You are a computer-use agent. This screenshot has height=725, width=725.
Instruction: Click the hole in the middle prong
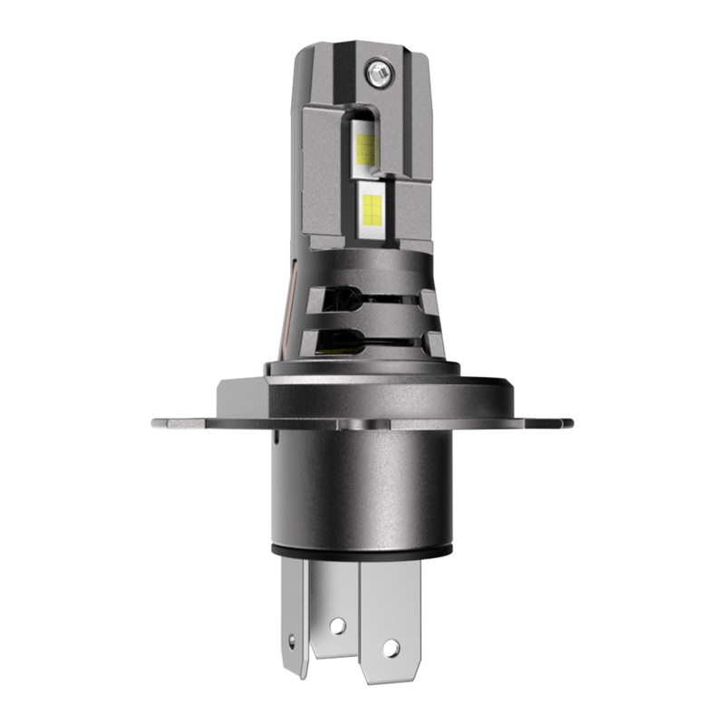click(x=338, y=625)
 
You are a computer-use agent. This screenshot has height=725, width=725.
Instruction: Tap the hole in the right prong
click(x=391, y=648)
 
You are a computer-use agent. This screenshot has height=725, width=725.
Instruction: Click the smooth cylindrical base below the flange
click(x=362, y=489)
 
